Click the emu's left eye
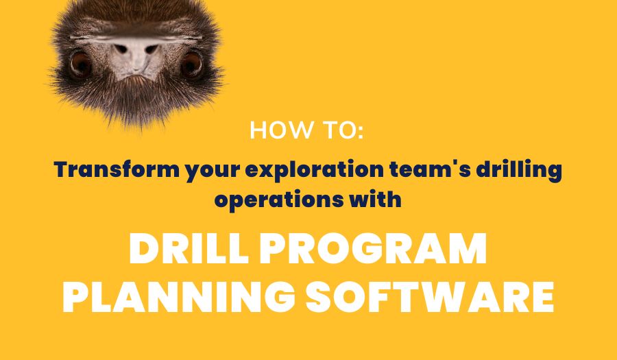(80, 64)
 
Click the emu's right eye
(191, 64)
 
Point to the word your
(210, 170)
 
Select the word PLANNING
(180, 296)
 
